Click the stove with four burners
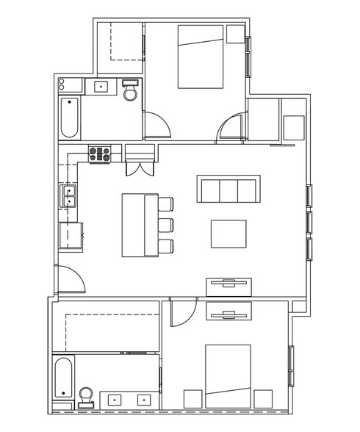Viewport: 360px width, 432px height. point(99,154)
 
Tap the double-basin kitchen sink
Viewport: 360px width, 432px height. point(70,197)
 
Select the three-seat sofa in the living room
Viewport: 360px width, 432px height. point(228,190)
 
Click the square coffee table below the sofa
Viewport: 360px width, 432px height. point(228,234)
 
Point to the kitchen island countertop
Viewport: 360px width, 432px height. point(136,225)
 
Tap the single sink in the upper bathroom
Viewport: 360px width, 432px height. point(100,87)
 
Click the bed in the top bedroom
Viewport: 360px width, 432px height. point(200,57)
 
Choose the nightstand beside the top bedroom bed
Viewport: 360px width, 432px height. point(236,35)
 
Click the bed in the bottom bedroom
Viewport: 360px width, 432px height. point(228,375)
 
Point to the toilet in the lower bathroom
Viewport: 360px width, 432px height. point(85,398)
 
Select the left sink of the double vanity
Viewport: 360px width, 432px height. point(116,400)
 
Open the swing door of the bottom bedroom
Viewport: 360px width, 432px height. point(181,313)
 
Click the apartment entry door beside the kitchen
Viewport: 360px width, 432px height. point(71,280)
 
